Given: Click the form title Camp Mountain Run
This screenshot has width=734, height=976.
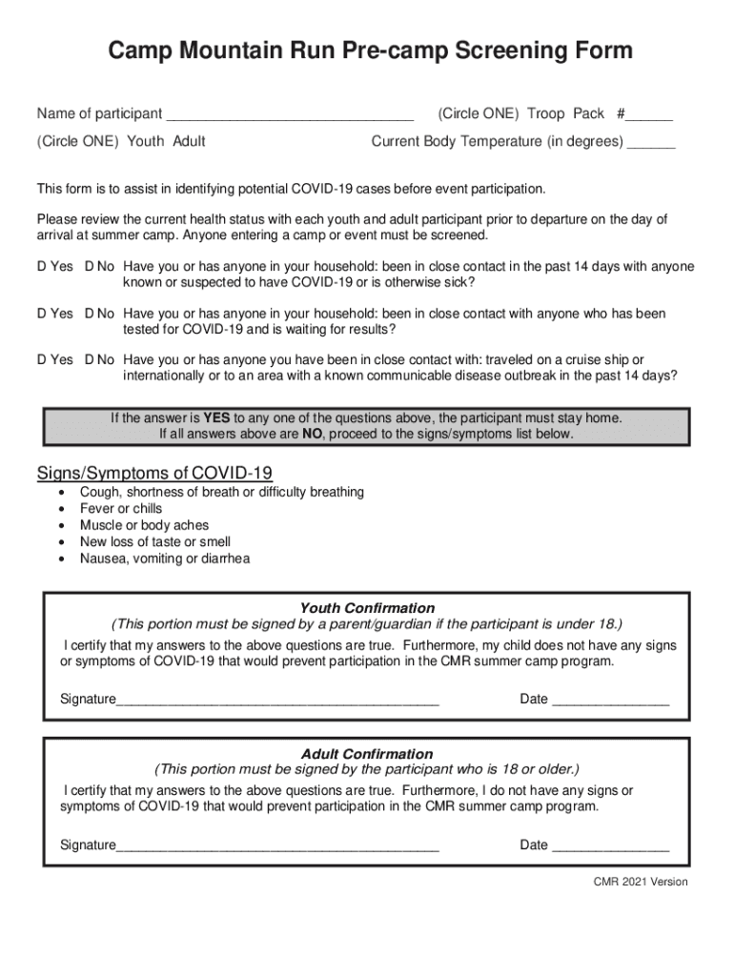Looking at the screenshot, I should [369, 51].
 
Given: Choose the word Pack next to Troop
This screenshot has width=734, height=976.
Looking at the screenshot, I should [588, 113].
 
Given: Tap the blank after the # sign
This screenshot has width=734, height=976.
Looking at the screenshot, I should [650, 116].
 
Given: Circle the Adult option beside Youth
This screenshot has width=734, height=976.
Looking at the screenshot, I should [189, 142].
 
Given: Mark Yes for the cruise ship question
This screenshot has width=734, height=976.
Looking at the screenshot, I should [54, 359].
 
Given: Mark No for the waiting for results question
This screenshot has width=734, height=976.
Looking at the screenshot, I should [99, 314].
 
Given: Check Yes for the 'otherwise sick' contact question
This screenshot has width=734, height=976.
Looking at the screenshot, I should [54, 267].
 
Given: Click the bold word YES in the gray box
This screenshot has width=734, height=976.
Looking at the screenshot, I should [216, 417].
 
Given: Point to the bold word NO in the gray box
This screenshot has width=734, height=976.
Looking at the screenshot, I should [313, 434].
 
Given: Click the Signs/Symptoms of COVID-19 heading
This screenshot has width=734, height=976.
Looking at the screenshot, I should [154, 473].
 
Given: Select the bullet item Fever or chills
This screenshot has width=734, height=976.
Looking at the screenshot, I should [121, 509].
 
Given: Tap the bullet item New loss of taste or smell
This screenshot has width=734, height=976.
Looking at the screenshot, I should [154, 542].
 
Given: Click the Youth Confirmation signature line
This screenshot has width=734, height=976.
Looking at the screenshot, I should [277, 701].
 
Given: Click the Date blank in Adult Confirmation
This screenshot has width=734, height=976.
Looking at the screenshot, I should [611, 847].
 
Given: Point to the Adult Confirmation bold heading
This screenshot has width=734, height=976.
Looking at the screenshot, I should [367, 754].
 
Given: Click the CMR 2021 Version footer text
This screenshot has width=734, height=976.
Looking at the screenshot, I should [640, 882].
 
